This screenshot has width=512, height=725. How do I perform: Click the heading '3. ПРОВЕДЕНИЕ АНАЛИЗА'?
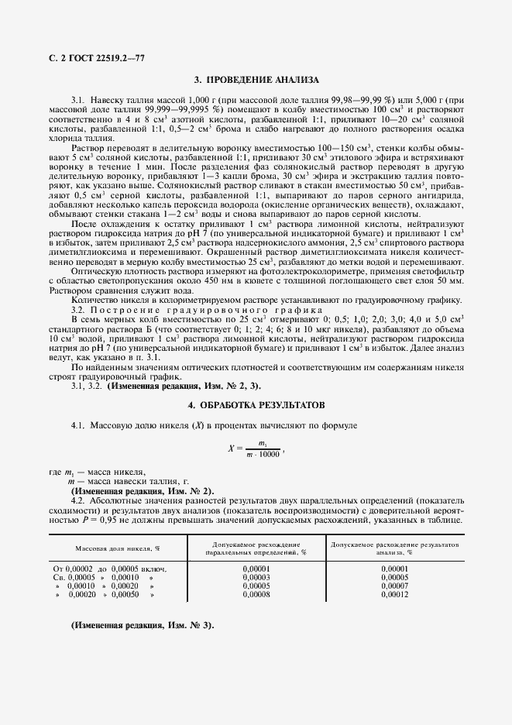(x=256, y=80)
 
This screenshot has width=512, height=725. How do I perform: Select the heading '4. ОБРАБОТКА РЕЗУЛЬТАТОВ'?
(x=256, y=405)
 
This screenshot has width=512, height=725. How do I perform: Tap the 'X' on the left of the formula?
(x=232, y=448)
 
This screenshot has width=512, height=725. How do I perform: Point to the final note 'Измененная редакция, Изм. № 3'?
(x=142, y=625)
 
